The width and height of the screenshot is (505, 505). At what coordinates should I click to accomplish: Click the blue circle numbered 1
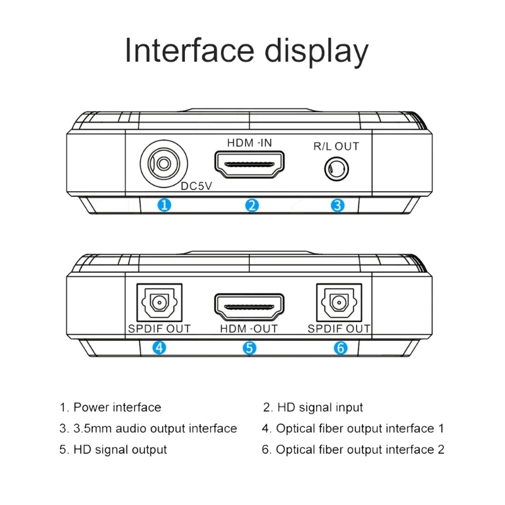coord(164,205)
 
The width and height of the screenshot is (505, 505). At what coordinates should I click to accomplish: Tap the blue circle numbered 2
coord(252,205)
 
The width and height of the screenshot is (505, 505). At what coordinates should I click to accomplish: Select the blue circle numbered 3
coord(338,205)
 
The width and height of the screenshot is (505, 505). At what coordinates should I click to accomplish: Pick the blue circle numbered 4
coord(160,347)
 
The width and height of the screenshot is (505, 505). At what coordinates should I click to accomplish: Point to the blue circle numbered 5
coord(250,347)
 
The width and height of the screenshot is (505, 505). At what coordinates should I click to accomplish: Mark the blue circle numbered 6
coord(340,347)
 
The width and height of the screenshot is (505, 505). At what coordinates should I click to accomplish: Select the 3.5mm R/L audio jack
coord(336,170)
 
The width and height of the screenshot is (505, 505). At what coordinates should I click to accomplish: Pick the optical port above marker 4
coord(159,302)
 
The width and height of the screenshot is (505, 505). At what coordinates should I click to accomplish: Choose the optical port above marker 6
coord(340,302)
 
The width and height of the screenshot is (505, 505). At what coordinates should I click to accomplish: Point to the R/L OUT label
coord(336,146)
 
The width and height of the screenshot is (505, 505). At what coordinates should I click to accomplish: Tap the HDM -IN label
coord(249,143)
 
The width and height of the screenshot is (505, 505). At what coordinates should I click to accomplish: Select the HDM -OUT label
coord(250,329)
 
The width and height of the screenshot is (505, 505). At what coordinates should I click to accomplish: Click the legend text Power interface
coord(117,408)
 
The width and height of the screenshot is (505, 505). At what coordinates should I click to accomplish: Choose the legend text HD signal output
coord(120,449)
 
